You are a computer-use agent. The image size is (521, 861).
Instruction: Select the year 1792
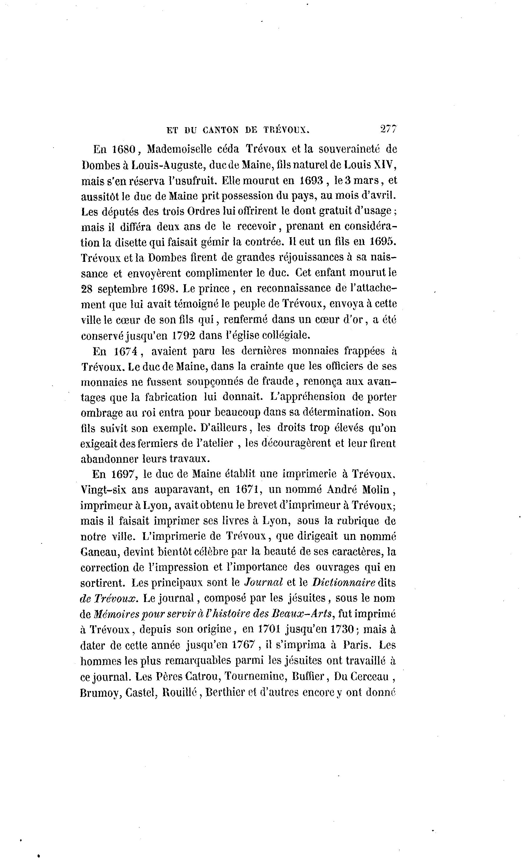coord(184,335)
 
